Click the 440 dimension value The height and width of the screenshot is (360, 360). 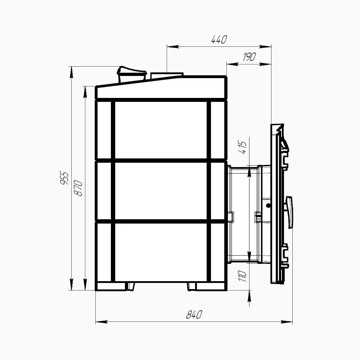click(x=219, y=40)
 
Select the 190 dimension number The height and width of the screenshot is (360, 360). click(x=249, y=57)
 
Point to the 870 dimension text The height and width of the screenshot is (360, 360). click(x=78, y=188)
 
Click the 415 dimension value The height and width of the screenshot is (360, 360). click(x=242, y=147)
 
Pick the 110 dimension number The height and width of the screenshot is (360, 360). click(x=242, y=276)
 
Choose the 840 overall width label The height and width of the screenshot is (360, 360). click(x=194, y=315)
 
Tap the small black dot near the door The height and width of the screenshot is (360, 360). click(x=268, y=206)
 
